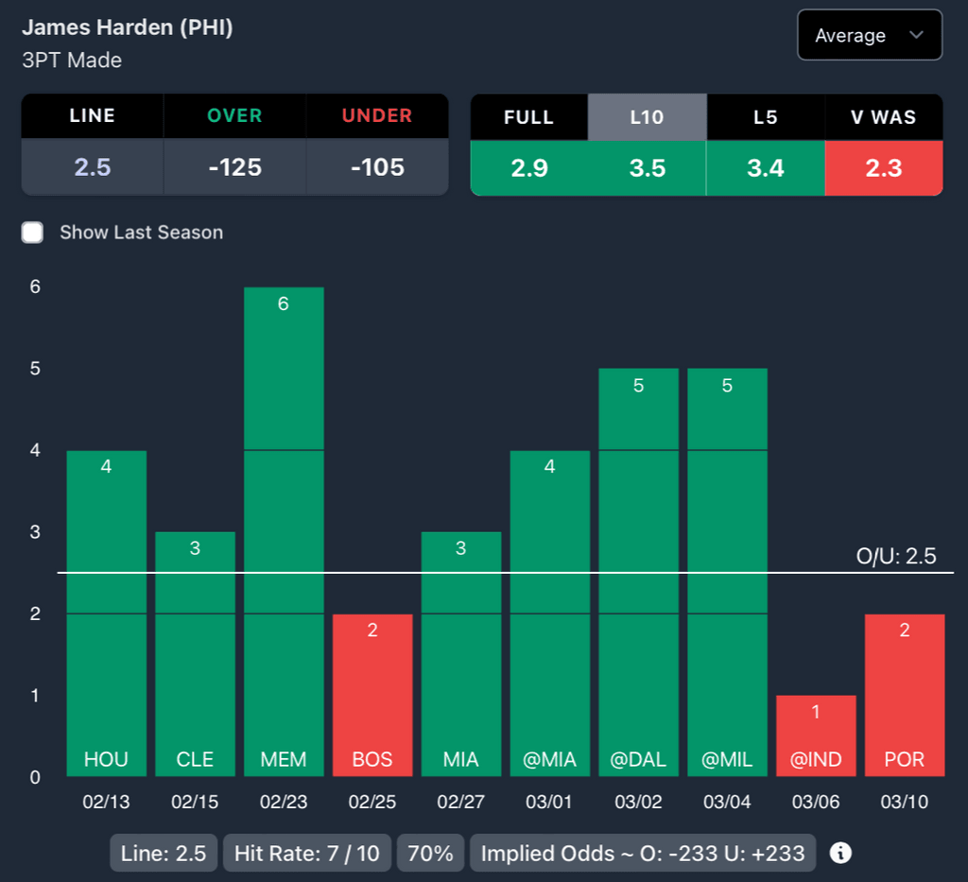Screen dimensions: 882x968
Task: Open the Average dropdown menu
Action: [869, 36]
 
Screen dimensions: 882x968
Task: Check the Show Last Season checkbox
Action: [33, 233]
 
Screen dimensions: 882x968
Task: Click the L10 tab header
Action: [647, 117]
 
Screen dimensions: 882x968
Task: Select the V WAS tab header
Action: [883, 117]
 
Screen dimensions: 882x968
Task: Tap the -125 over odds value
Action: [234, 167]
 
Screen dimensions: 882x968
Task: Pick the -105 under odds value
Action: [377, 167]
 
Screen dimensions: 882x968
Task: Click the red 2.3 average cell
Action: [883, 168]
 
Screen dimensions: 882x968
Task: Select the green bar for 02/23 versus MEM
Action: [284, 529]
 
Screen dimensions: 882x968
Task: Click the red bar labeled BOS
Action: [372, 695]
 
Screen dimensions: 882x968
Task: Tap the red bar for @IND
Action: [816, 735]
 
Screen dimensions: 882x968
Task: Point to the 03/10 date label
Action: [905, 803]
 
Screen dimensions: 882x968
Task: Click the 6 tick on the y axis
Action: [35, 287]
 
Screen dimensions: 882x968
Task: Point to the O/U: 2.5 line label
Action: [895, 556]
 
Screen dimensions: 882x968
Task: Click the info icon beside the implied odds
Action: [840, 853]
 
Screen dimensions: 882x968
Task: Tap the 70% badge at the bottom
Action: [430, 854]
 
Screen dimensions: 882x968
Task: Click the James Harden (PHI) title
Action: [128, 27]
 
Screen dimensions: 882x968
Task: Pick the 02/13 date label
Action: [106, 803]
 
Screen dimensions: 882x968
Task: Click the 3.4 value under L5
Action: [765, 168]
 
